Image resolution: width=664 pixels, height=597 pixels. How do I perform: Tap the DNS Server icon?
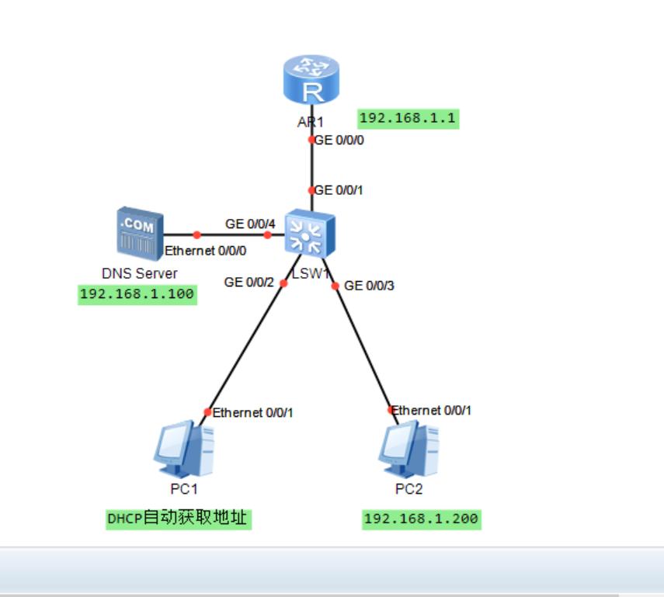pos(140,231)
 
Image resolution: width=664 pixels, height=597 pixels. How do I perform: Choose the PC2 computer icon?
pos(408,449)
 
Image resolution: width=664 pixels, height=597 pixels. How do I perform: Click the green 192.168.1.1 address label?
pos(408,119)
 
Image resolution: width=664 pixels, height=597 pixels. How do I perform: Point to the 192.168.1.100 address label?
pos(137,294)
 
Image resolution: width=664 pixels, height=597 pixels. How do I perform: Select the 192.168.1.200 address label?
pos(421,519)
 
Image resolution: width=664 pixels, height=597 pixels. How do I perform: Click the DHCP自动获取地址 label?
pos(179,519)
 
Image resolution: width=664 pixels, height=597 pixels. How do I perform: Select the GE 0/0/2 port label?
pos(249,283)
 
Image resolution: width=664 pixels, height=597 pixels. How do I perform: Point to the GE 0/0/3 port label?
pos(370,286)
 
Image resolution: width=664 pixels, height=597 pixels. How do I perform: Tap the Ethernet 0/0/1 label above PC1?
pos(252,413)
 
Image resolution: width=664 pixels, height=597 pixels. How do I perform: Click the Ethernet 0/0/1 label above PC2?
pos(432,410)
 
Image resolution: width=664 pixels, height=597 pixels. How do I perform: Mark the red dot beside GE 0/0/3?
pos(335,286)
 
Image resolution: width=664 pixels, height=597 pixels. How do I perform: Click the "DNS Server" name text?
pos(140,273)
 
